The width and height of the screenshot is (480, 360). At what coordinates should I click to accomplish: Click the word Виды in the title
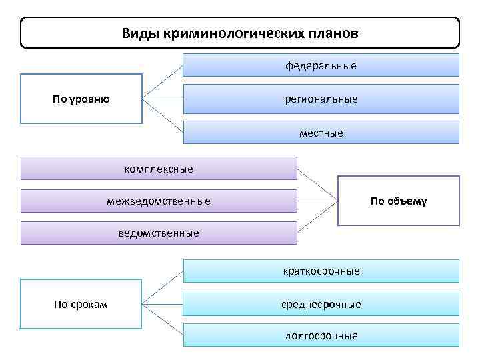(137, 33)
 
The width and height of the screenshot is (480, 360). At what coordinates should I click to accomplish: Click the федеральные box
(321, 65)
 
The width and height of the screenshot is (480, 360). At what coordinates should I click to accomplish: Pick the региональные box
(321, 99)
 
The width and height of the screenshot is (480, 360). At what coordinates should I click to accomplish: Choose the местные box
(321, 133)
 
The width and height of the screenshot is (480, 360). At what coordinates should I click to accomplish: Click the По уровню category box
(81, 99)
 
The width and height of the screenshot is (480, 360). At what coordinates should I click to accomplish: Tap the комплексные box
(159, 169)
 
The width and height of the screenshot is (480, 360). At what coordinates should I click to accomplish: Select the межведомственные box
(159, 201)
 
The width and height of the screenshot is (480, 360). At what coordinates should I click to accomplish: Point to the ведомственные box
(159, 233)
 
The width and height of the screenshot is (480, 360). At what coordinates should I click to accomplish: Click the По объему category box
(399, 201)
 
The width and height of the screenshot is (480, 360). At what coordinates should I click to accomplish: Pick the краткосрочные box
(321, 271)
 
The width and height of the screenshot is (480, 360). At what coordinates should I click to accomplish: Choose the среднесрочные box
(321, 304)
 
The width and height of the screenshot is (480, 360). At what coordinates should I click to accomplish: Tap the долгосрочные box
(321, 335)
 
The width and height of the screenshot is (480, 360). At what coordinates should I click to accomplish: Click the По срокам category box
(81, 305)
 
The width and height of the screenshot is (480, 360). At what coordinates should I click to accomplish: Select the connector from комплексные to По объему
(317, 185)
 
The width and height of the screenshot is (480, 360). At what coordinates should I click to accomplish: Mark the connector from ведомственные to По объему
(317, 217)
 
